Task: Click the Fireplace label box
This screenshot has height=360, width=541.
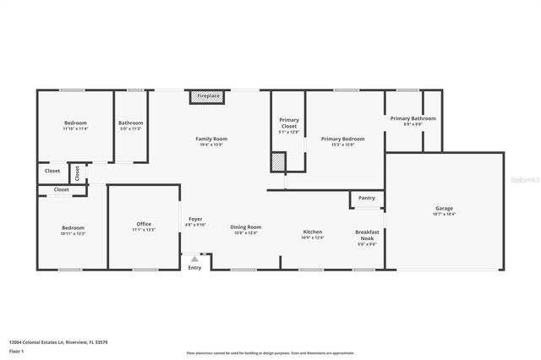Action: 209,97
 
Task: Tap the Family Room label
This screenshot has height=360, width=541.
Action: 211,139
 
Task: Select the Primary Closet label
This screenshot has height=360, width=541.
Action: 288,120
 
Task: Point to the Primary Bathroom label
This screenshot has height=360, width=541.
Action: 413,119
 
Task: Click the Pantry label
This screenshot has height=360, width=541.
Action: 366,198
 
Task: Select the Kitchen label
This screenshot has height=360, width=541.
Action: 313,232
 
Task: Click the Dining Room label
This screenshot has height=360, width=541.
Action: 246,226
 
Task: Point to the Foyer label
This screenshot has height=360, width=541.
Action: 195,220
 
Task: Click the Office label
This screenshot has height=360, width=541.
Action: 144,224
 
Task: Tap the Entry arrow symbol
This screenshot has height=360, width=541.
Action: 195,259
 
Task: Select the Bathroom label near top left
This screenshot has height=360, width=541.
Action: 130,123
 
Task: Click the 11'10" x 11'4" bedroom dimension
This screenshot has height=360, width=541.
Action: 75,129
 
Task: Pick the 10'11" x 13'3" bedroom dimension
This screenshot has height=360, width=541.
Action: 73,232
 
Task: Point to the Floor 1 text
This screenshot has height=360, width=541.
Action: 16,351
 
